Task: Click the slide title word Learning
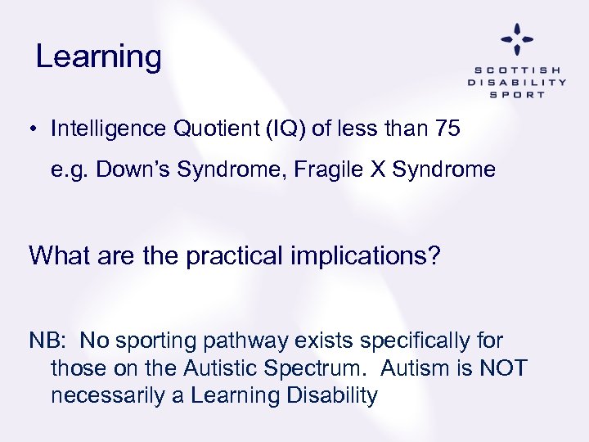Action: coord(99,57)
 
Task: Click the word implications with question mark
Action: coord(374,255)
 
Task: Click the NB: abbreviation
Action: coord(48,340)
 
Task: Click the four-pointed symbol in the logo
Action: coord(517,38)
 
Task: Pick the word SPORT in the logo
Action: coord(517,94)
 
